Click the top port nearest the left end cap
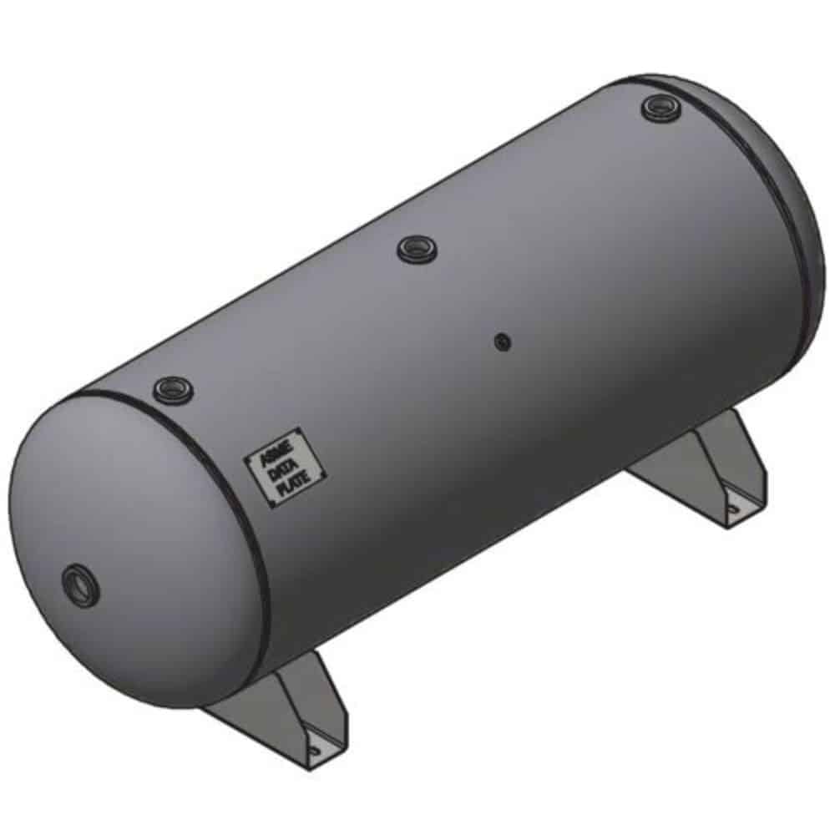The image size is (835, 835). [172, 388]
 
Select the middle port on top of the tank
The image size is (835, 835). [415, 249]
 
